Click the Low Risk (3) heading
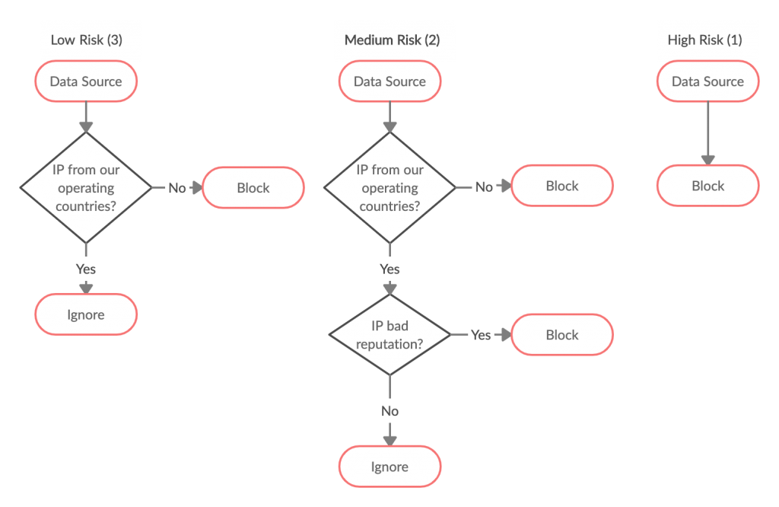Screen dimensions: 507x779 86,40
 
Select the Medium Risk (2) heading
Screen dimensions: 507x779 392,40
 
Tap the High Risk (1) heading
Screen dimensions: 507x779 704,40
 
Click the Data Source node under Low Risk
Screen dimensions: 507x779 86,81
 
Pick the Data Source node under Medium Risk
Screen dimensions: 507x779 389,81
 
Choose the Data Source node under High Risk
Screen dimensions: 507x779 707,81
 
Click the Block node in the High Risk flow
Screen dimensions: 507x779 707,186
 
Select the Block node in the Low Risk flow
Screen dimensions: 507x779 253,187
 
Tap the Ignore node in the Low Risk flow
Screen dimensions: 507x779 86,314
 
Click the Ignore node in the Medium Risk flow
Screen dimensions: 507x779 389,467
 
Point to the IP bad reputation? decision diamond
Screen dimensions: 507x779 389,335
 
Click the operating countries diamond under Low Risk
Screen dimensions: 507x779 86,187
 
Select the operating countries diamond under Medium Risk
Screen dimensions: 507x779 389,187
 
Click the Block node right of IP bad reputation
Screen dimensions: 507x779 561,335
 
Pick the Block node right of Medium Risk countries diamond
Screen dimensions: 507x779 561,186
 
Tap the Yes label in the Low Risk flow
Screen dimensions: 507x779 86,269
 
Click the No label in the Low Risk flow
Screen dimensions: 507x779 176,188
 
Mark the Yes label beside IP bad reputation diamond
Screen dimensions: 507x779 481,335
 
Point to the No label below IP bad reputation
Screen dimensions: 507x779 389,411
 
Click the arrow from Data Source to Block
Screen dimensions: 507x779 707,133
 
